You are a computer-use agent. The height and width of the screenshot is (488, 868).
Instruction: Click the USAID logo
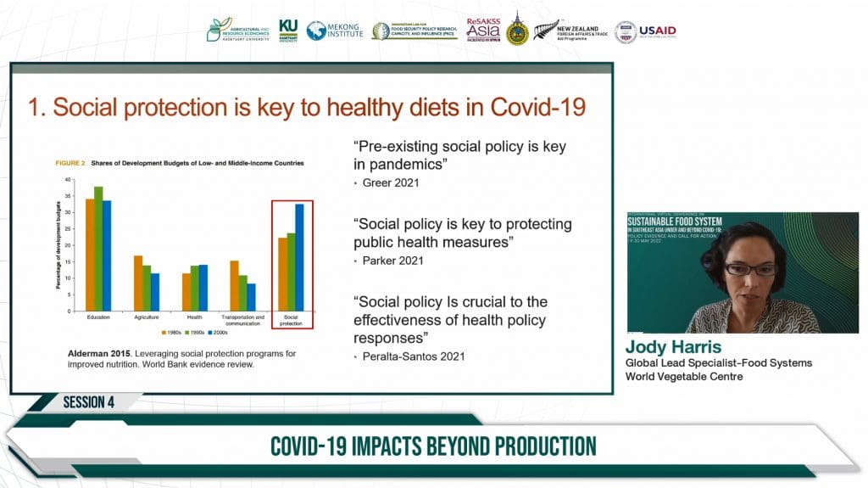click(x=645, y=31)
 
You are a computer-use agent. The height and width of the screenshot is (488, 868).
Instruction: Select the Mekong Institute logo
click(x=334, y=31)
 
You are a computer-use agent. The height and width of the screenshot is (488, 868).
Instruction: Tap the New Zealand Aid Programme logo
click(x=570, y=31)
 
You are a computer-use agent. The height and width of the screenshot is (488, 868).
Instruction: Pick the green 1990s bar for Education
click(x=98, y=248)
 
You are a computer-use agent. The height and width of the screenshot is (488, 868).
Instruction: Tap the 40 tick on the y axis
click(x=70, y=180)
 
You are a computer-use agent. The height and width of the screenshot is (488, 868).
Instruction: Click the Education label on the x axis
click(x=98, y=316)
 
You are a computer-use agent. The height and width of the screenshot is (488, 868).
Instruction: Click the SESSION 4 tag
click(x=88, y=402)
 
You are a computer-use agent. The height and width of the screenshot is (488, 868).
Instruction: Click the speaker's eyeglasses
click(x=749, y=269)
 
